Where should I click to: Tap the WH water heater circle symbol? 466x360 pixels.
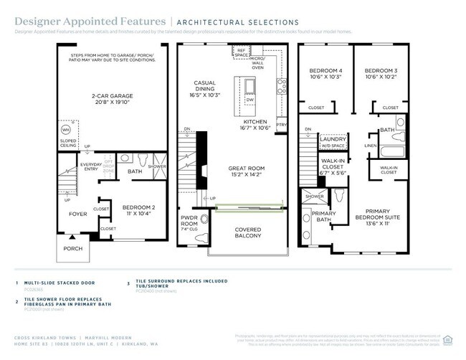(x=66, y=129)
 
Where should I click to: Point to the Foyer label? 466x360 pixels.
(x=77, y=213)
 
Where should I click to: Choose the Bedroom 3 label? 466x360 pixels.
(x=381, y=73)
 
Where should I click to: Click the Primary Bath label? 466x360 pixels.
(x=324, y=217)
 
